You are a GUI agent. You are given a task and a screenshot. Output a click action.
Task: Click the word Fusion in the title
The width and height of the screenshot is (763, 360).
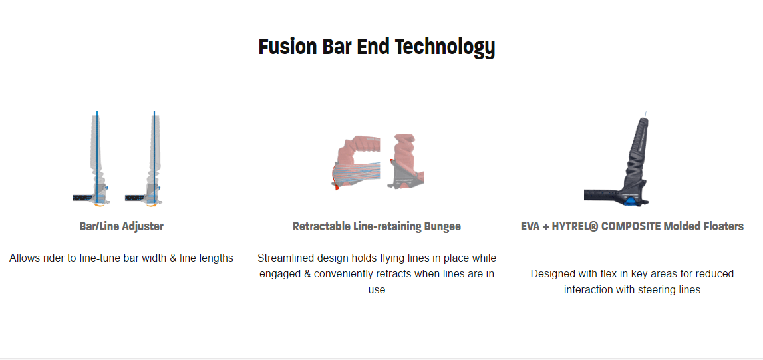click(x=287, y=47)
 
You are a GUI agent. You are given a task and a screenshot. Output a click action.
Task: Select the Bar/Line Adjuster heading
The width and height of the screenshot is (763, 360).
click(x=121, y=226)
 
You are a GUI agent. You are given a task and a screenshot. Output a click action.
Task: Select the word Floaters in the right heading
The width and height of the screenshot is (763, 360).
click(x=724, y=226)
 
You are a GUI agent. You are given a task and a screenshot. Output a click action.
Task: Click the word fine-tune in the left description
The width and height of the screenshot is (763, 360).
click(x=98, y=258)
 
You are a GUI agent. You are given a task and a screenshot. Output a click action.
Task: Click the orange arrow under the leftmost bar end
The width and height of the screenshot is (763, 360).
click(x=99, y=206)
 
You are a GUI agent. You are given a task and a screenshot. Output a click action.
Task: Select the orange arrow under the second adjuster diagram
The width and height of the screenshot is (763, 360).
click(x=153, y=206)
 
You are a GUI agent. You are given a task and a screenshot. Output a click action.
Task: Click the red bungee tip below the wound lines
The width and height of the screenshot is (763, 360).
click(x=335, y=185)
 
